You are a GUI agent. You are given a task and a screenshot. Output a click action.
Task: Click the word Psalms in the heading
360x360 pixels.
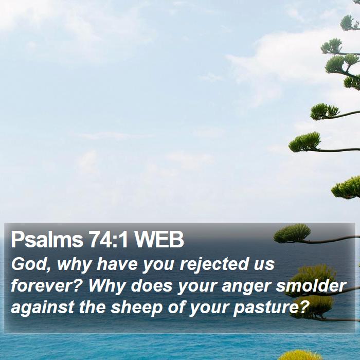coord(47,240)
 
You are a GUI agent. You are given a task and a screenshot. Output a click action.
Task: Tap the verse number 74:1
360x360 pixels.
coord(109,240)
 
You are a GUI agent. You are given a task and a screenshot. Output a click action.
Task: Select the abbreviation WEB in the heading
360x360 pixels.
coord(159,240)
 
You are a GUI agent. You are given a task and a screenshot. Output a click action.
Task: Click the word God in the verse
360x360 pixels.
coord(29,264)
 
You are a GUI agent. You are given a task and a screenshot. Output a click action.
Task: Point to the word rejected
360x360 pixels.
coord(214,265)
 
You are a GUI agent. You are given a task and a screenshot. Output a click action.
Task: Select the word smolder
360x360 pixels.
coord(311,285)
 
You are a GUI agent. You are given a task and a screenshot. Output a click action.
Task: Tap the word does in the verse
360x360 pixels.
coord(151,285)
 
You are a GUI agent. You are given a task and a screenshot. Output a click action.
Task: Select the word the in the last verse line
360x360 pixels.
coord(92,307)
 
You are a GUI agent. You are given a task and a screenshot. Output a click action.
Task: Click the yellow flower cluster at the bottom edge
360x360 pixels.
coord(298,355)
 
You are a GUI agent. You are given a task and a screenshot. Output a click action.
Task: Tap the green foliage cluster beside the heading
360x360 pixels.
coord(292,233)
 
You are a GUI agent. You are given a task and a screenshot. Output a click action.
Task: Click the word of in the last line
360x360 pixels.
coord(176,307)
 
